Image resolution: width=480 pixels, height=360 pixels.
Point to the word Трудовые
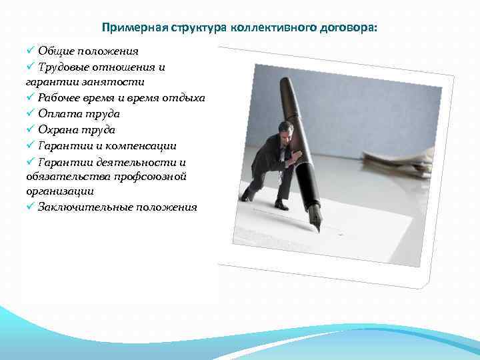[x=65, y=67]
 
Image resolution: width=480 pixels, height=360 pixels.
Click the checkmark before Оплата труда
[x=31, y=113]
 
